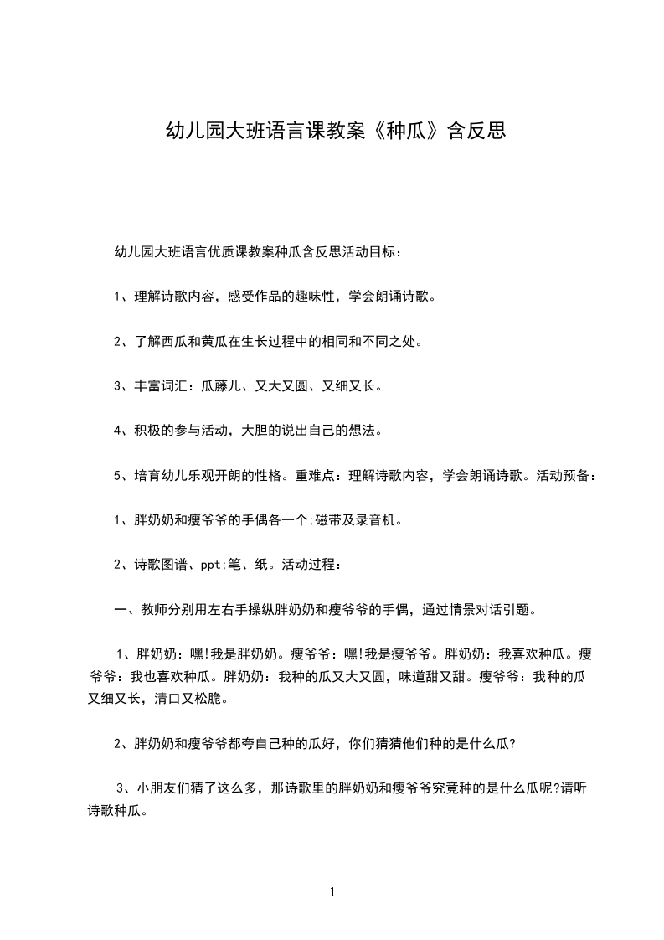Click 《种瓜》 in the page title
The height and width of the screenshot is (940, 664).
[401, 132]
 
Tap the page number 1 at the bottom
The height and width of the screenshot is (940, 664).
[332, 892]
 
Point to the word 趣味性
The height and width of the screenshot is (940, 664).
[310, 297]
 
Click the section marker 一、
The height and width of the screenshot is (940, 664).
[123, 610]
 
